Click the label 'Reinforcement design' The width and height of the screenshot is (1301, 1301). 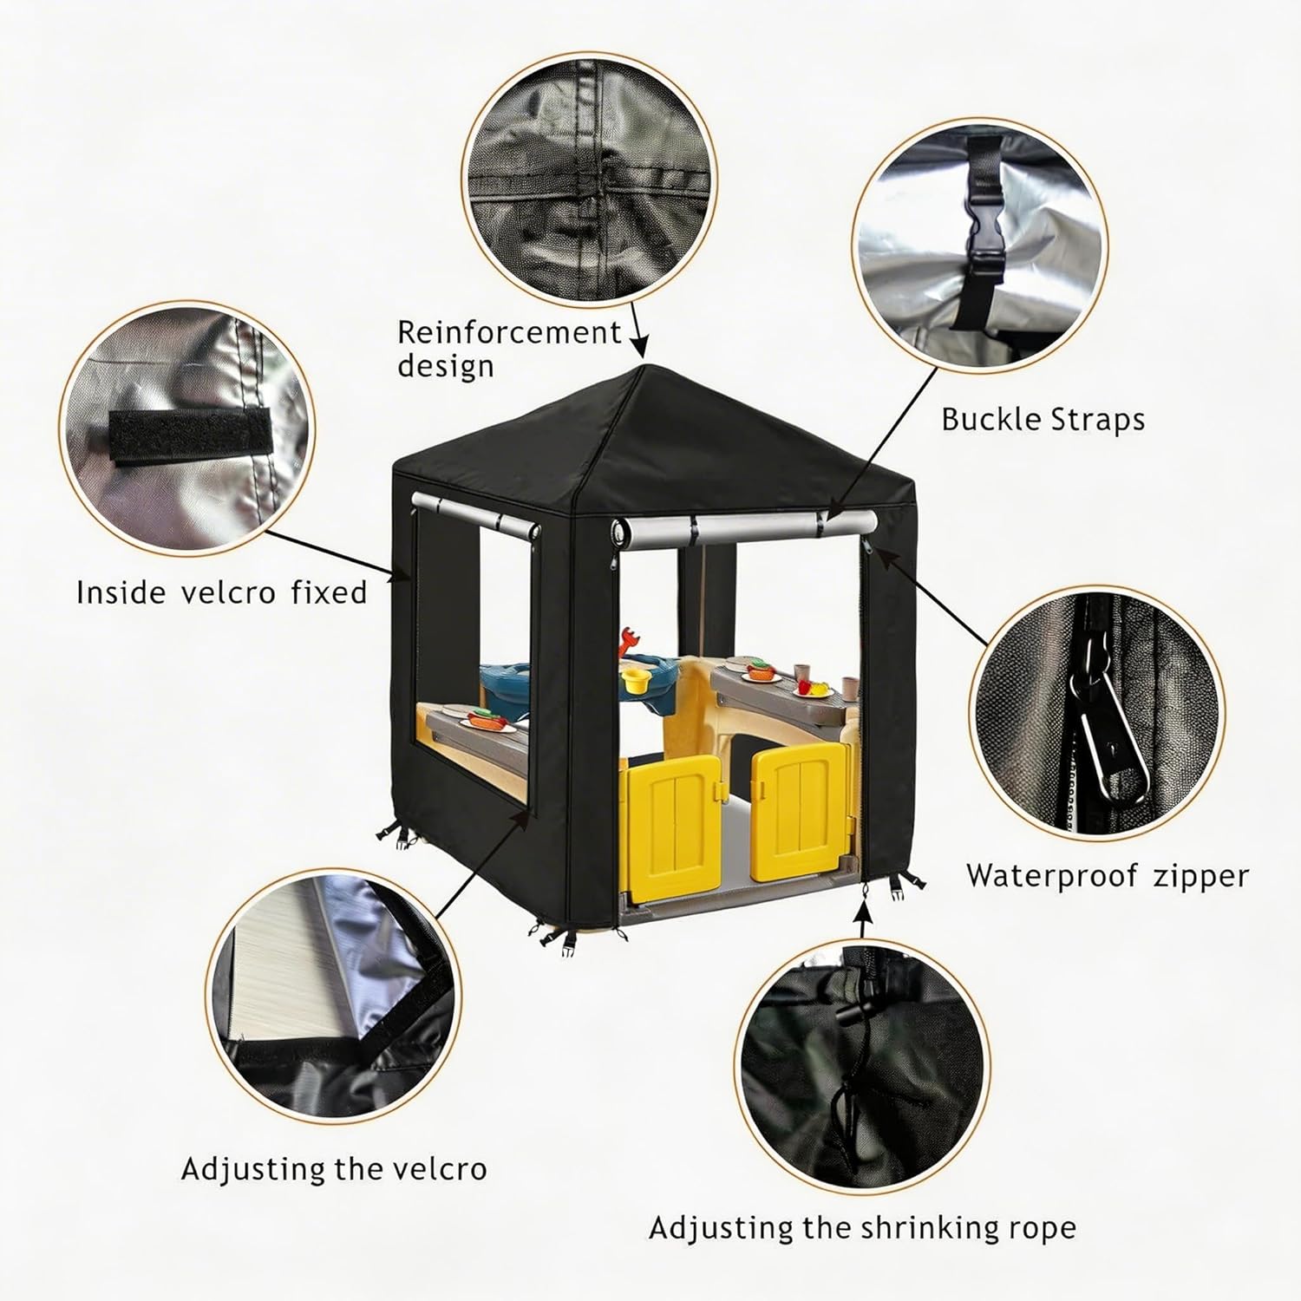[509, 348]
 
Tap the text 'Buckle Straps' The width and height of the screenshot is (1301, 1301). [1043, 420]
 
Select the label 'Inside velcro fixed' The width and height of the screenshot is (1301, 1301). [221, 592]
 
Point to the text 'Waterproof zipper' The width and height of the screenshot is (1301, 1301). [1108, 875]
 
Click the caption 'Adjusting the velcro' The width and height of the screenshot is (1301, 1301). [334, 1168]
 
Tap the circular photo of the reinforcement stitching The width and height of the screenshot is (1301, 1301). [589, 180]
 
